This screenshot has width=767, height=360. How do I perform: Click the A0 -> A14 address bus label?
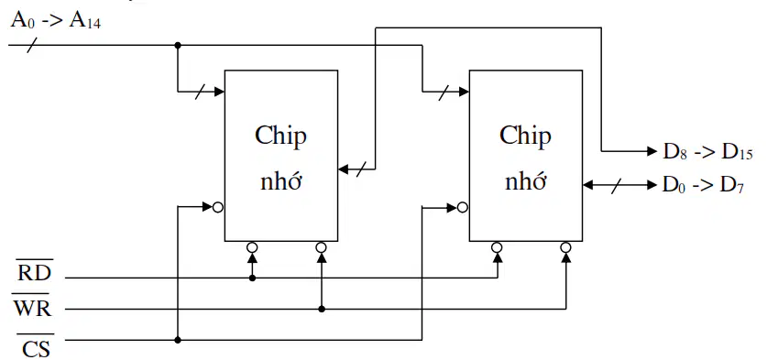[56, 21]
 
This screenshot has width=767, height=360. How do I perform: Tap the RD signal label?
[34, 272]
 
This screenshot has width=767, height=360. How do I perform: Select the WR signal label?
[32, 307]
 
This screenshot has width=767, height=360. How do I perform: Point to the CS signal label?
[36, 347]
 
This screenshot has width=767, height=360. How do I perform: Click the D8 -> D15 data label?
[707, 153]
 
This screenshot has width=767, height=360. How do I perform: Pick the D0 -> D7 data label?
[703, 186]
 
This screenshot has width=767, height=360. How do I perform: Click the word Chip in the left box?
[280, 136]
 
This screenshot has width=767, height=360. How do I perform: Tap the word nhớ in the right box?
[525, 182]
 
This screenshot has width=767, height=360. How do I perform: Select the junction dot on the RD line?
[252, 278]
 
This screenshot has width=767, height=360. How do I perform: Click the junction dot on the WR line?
[322, 309]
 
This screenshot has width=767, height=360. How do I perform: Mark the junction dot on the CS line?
[178, 340]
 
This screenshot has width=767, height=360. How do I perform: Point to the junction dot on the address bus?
[178, 45]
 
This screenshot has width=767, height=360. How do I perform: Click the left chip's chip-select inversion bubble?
[218, 207]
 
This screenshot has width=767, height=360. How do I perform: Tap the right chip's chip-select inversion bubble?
[463, 207]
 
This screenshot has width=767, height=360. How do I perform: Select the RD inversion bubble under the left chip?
[252, 247]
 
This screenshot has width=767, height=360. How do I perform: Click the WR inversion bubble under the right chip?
[566, 247]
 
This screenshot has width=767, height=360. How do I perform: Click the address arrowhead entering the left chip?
[219, 91]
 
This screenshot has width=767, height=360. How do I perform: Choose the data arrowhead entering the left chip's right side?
[344, 169]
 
